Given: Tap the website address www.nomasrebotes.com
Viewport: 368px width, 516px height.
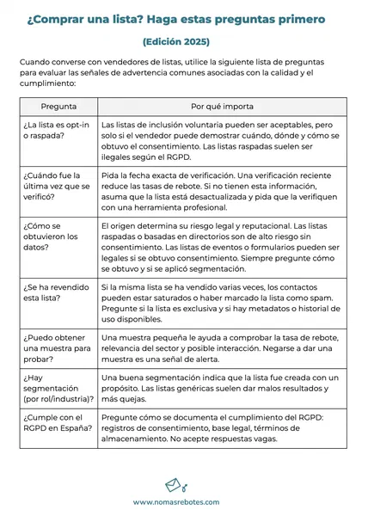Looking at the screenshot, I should [175, 502].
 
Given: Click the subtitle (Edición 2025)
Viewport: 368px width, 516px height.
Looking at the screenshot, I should [175, 41].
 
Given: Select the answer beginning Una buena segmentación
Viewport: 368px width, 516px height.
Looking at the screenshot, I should [219, 389].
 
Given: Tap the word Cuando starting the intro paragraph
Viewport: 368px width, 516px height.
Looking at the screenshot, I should [37, 62].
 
